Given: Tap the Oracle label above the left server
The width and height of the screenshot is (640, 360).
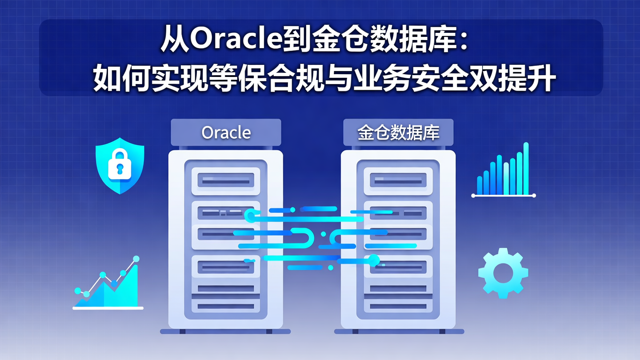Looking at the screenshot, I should tap(226, 132).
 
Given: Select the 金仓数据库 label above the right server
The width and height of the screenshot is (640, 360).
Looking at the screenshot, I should tap(398, 132).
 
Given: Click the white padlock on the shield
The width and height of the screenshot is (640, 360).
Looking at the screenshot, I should tap(120, 165).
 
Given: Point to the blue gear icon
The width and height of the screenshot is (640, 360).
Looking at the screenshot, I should tap(503, 272).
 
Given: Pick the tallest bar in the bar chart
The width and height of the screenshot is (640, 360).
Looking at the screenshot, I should tap(526, 168).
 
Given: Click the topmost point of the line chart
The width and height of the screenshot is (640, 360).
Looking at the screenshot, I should tap(136, 259).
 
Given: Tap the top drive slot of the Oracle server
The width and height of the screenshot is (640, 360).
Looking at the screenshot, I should tap(225, 181).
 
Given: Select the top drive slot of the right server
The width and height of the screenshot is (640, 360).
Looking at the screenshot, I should tap(398, 181).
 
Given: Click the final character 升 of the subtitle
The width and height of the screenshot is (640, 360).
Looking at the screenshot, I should tap(543, 79).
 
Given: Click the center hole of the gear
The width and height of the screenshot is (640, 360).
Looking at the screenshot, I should tap(503, 272).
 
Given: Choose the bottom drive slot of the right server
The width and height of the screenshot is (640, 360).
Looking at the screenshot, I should tap(398, 306).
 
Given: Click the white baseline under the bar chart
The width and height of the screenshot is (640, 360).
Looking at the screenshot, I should tap(503, 196).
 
